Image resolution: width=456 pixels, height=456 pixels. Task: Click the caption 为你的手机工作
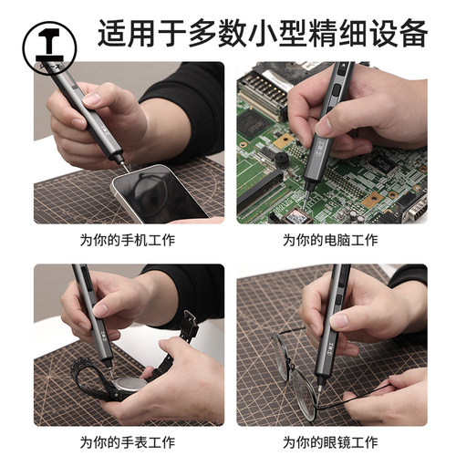tap(128, 241)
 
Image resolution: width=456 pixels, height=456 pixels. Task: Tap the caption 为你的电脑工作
tap(329, 241)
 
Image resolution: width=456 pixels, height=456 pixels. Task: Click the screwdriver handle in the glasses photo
tap(334, 301)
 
